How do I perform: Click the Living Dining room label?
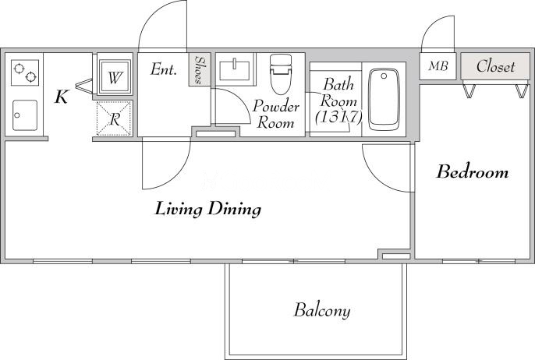[x=207, y=209]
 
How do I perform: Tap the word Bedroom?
[x=472, y=172]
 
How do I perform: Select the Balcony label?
[x=321, y=311]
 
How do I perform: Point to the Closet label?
[x=495, y=66]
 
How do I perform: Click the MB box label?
[x=438, y=66]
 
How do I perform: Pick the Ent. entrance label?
[x=163, y=69]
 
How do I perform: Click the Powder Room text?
[x=276, y=115]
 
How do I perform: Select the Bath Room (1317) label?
[x=339, y=101]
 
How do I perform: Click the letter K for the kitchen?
[x=60, y=97]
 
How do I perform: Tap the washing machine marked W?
[x=115, y=77]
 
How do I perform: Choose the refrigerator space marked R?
[x=114, y=119]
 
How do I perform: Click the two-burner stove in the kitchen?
[x=24, y=72]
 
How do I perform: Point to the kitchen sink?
[x=24, y=115]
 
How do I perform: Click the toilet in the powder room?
[x=279, y=75]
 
